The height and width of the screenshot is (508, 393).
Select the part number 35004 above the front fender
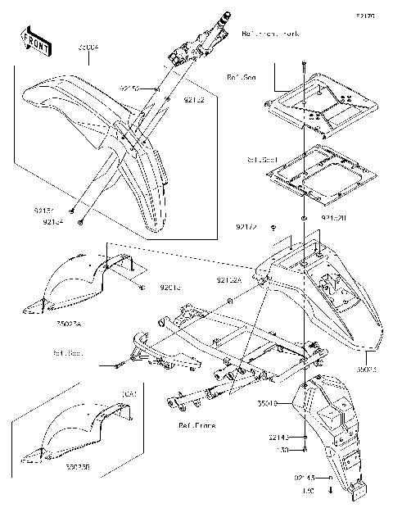88,48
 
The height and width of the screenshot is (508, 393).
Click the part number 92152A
229,280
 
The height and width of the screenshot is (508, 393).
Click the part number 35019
269,403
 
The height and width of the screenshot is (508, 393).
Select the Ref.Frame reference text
197,426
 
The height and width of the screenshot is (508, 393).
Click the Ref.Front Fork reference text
271,35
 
